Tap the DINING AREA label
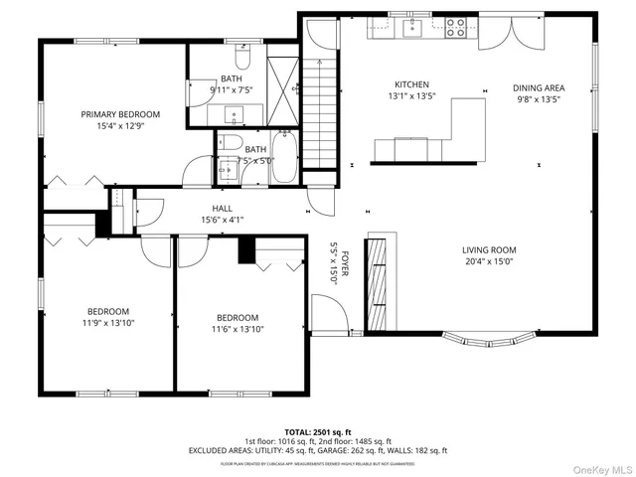538,87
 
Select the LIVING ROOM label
489,250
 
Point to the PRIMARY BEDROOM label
120,114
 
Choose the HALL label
222,208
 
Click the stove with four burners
456,28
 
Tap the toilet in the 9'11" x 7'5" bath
241,52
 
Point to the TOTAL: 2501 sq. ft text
318,431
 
